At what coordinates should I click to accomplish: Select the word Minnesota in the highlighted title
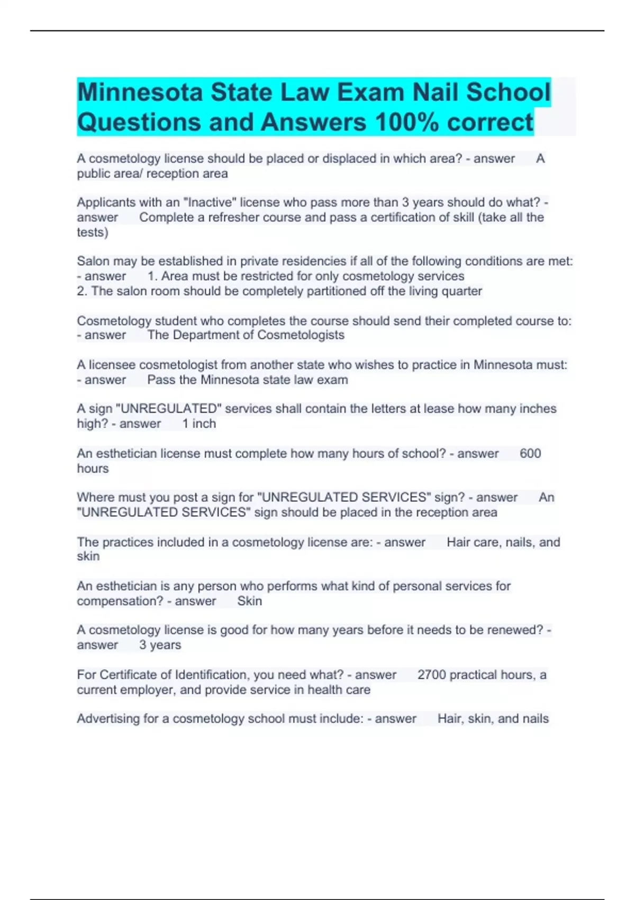click(x=140, y=92)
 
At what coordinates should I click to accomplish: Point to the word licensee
click(x=112, y=365)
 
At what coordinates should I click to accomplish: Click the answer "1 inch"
click(x=199, y=424)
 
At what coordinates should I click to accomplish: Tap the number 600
click(x=530, y=453)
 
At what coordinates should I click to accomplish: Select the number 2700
click(x=431, y=674)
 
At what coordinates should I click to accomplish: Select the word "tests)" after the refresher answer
click(x=93, y=232)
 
